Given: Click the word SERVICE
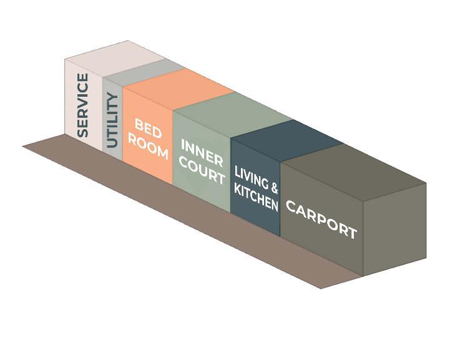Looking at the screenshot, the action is tap(82, 105).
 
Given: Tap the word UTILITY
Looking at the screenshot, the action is tap(112, 120).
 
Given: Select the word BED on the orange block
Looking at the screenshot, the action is tap(148, 130).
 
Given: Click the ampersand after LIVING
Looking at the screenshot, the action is tap(274, 187).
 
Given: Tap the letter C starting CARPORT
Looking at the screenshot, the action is tap(291, 207).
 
